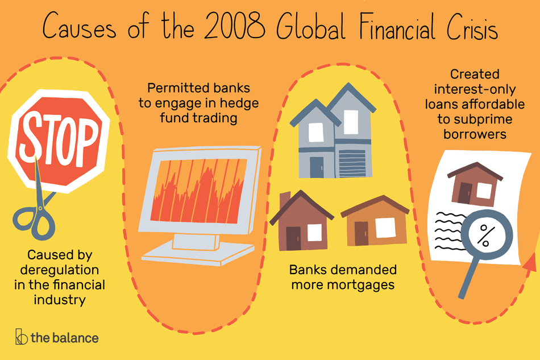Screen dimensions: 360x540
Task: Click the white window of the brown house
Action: click(314, 231)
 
